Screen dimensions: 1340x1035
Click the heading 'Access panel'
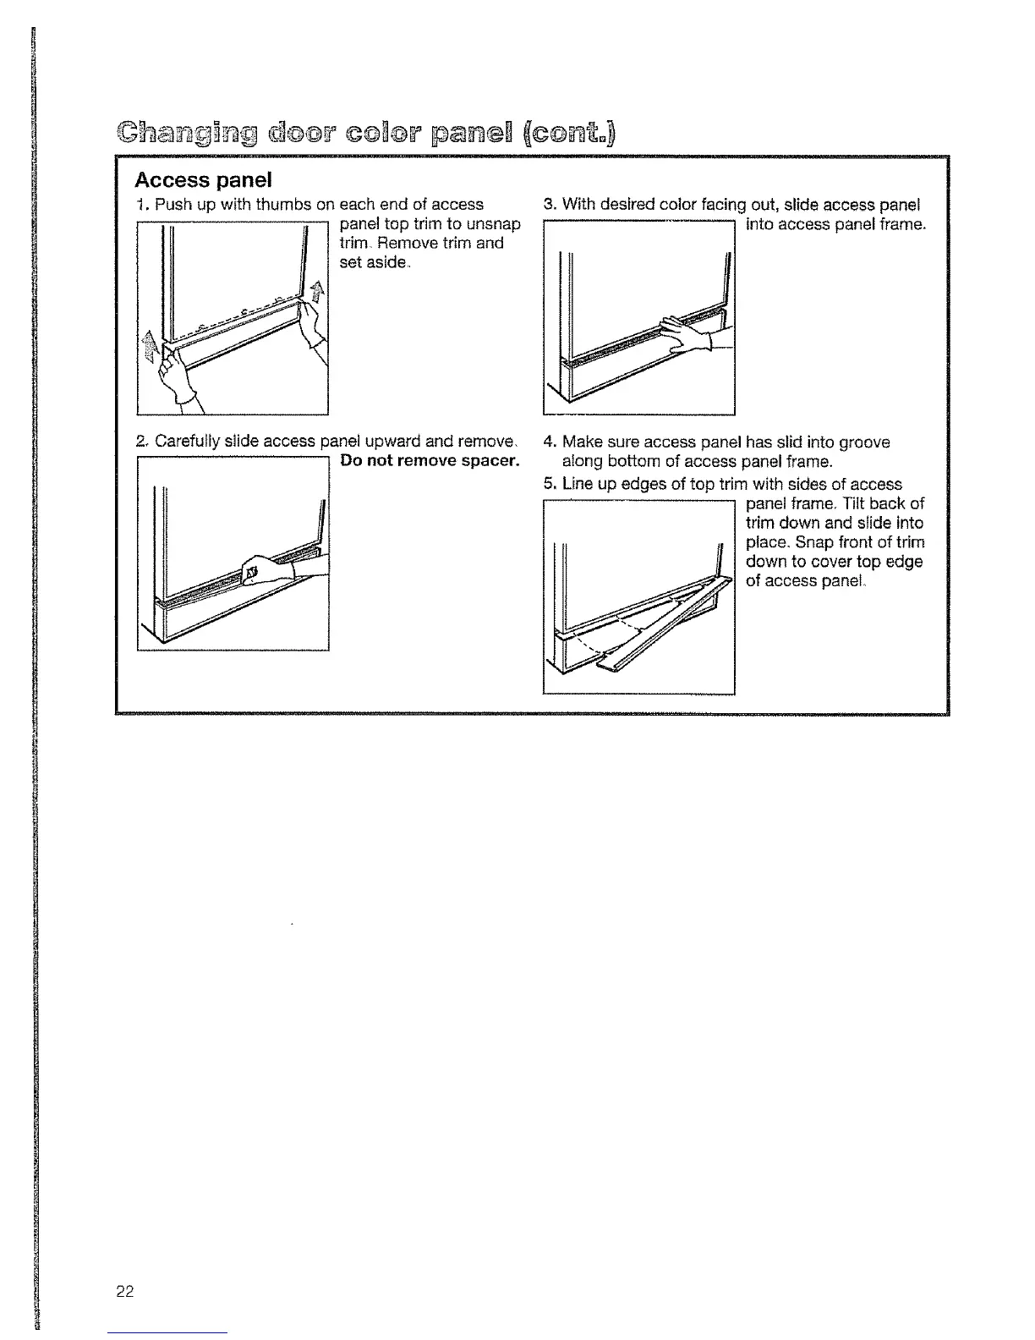point(204,180)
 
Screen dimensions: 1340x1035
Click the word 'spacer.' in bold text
point(488,461)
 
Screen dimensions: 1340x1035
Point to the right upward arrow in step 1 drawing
point(317,292)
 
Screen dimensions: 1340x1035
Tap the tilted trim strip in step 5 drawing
point(668,626)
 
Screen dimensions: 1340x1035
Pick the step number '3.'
point(550,205)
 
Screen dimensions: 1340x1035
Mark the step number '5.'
point(550,485)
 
